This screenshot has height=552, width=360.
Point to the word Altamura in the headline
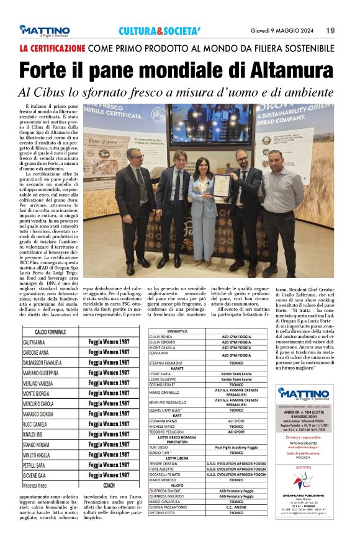tap(287, 71)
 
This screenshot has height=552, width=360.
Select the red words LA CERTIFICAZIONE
tap(52, 48)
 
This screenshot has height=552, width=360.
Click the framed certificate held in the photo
tap(222, 185)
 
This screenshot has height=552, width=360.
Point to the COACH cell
tap(109, 484)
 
